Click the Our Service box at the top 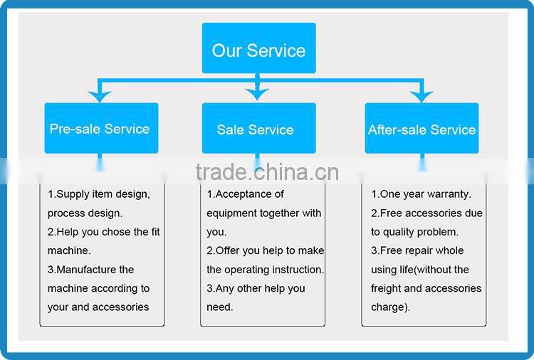coord(259,48)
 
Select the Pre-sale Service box coord(101,128)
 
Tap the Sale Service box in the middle coord(259,128)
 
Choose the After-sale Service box coord(422,128)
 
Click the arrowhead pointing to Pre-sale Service coord(99,96)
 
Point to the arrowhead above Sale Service coord(257,94)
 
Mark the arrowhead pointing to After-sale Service coord(422,96)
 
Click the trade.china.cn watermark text coord(267,172)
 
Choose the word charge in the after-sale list coord(387,307)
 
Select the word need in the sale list coord(219,307)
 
